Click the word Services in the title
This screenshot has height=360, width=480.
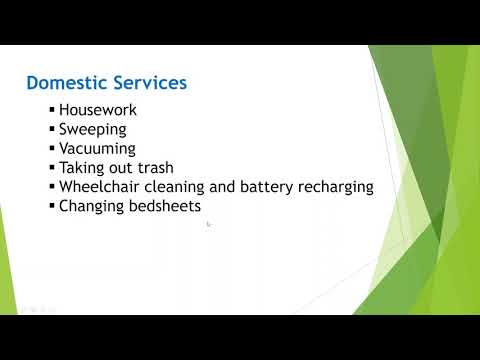[149, 82]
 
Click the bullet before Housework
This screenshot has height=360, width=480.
[52, 111]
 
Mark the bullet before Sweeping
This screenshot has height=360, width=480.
[52, 130]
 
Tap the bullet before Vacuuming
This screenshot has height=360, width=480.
[52, 149]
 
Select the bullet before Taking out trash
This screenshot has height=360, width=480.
[52, 168]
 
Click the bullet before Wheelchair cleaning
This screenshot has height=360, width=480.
[52, 187]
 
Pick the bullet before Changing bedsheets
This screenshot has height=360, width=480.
[52, 206]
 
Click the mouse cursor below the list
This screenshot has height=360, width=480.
[208, 225]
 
